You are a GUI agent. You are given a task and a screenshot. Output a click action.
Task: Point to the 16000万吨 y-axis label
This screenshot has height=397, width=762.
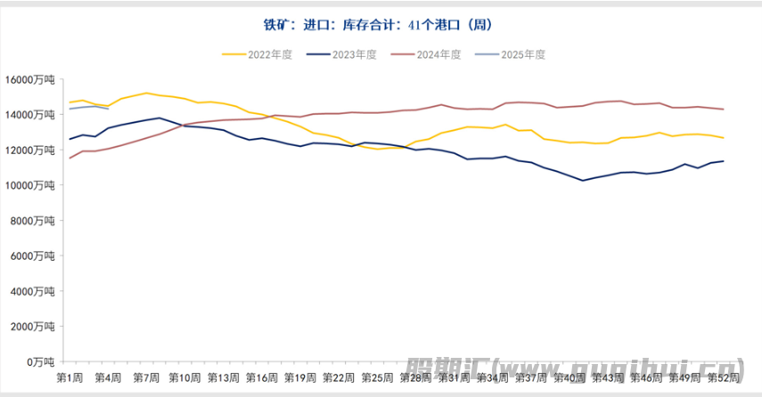(x=30, y=79)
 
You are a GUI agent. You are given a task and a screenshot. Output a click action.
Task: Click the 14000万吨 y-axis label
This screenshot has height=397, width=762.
(x=30, y=115)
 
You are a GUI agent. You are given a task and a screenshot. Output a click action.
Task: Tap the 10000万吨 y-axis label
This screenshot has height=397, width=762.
(x=30, y=185)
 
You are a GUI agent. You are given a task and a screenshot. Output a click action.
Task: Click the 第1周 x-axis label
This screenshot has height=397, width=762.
(x=70, y=377)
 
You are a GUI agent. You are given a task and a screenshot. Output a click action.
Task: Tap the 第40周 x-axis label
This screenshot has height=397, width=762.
(x=569, y=377)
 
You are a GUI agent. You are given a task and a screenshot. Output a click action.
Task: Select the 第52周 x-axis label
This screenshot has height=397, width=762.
(x=721, y=377)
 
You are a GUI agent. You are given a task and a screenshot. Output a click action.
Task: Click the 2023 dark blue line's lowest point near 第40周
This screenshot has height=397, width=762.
(x=583, y=181)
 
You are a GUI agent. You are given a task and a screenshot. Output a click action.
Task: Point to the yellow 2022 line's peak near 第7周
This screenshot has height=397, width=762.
(x=146, y=93)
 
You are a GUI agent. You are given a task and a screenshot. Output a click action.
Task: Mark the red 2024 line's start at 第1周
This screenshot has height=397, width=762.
(x=70, y=158)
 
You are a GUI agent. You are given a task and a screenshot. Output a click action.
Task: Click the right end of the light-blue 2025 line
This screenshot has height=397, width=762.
(x=108, y=109)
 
